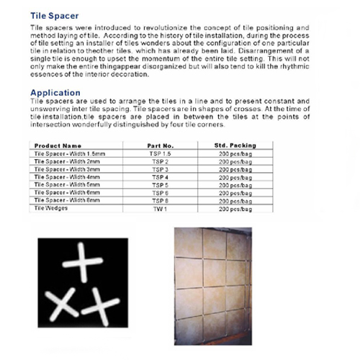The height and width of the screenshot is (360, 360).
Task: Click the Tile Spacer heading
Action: click(55, 16)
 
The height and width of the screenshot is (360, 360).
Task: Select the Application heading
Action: click(55, 93)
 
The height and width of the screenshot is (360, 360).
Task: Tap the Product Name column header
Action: click(58, 145)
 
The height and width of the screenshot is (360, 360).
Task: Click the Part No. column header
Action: click(161, 145)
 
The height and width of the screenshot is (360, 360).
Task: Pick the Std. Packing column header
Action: click(235, 145)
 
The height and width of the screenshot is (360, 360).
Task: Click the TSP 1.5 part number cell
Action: click(161, 153)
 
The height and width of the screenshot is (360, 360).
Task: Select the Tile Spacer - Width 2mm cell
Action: click(67, 161)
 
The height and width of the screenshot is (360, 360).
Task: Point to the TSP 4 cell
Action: click(160, 177)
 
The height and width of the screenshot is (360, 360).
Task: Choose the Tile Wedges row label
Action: click(51, 208)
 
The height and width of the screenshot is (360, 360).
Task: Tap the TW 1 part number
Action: click(160, 209)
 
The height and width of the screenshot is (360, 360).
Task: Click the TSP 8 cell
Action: click(160, 201)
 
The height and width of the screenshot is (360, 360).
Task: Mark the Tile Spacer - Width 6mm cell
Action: click(67, 192)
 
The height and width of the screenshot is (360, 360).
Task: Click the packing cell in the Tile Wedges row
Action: click(235, 210)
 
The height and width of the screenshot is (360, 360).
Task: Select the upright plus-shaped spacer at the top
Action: click(83, 262)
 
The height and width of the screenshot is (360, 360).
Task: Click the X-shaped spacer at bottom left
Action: click(62, 305)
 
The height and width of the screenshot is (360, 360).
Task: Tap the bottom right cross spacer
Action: click(100, 307)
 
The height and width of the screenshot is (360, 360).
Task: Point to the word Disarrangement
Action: click(266, 51)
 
